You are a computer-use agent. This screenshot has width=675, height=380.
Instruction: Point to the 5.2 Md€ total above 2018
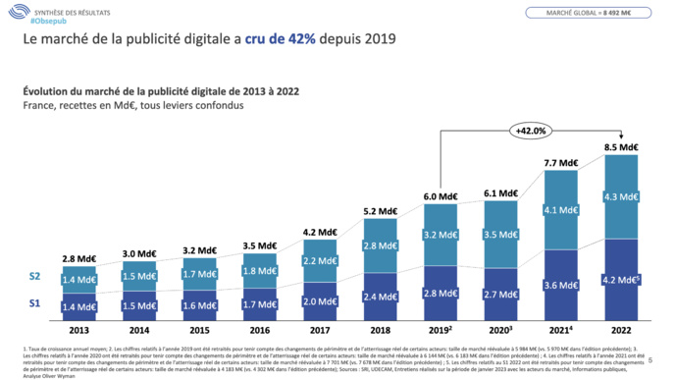(381, 210)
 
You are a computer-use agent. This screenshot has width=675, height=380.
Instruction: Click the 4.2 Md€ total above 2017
(321, 233)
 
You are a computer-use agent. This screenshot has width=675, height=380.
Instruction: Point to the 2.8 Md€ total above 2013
(78, 257)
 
